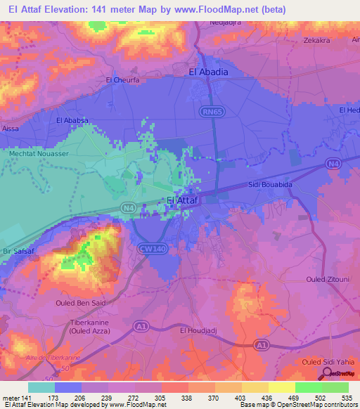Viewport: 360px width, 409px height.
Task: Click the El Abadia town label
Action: pos(210,71)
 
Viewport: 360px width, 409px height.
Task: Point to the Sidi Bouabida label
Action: pos(271,185)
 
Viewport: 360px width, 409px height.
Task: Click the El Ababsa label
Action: pos(72,120)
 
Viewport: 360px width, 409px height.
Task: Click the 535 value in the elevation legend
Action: pos(345,398)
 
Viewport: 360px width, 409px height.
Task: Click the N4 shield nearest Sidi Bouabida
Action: pos(332,164)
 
